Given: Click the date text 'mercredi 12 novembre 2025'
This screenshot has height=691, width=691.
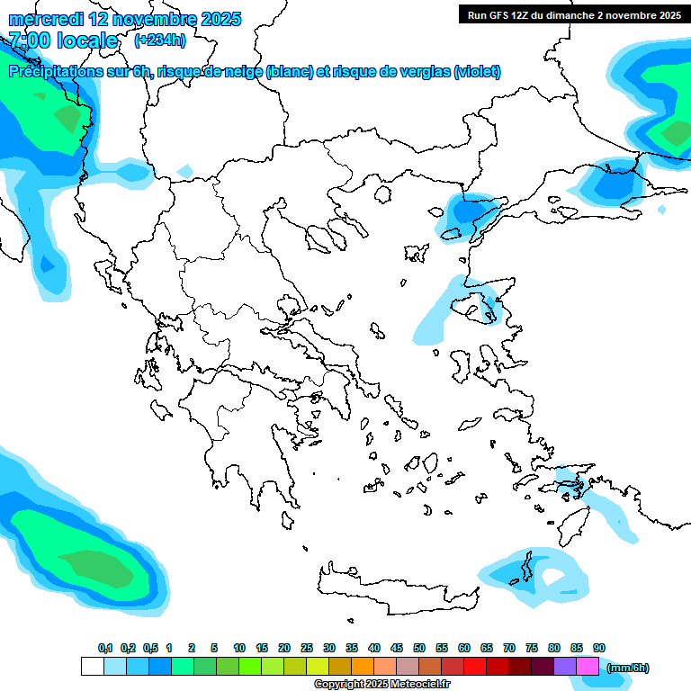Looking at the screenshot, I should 125,19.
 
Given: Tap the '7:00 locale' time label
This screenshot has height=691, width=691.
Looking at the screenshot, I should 63,40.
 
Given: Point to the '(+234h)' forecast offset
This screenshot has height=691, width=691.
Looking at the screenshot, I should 160,40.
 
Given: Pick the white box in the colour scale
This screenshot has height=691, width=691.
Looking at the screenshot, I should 92,667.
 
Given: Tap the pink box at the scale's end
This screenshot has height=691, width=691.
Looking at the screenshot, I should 588,667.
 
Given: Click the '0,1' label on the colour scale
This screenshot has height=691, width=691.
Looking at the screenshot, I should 104,648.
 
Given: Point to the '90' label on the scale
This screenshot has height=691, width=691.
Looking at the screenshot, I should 599,648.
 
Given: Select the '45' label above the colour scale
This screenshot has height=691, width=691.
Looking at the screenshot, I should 397,648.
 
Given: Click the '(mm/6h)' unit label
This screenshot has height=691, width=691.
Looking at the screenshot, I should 627,668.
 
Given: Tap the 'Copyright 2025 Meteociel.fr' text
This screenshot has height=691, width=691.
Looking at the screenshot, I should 381,684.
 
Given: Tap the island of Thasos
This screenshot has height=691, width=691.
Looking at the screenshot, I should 381,193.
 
